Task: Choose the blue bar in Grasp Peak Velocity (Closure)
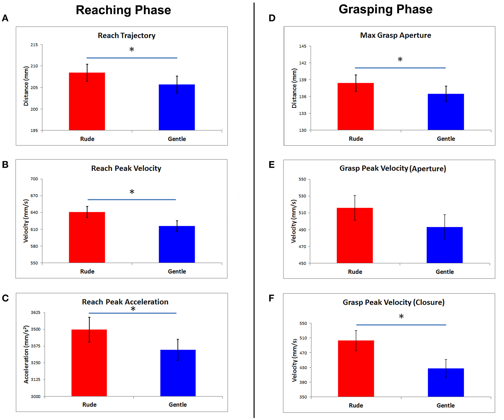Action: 446,383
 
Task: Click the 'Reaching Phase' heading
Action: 123,10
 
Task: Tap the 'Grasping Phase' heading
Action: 386,9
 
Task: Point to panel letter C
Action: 5,298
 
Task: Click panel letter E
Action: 272,165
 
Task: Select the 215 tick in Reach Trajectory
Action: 34,45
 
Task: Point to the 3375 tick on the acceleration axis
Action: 35,346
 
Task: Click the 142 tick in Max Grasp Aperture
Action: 303,63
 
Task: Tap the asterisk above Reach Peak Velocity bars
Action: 132,192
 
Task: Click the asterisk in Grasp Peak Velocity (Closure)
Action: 401,317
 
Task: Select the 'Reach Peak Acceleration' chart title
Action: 125,302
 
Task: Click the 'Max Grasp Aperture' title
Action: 396,35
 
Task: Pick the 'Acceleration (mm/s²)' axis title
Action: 26,354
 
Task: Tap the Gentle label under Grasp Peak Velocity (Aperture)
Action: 444,272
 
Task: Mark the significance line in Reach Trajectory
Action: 132,58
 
